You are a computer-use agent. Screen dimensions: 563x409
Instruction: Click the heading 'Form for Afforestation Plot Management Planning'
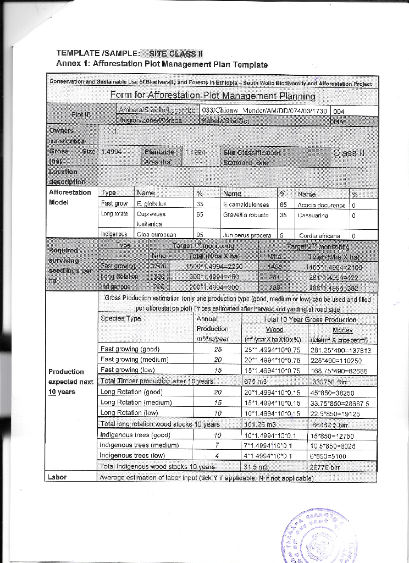[x=213, y=96]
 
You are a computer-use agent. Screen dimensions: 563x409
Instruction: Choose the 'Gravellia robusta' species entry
[x=246, y=215]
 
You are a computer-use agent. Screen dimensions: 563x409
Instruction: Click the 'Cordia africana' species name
[x=321, y=235]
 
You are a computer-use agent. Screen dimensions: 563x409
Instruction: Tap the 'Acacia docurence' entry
[x=323, y=205]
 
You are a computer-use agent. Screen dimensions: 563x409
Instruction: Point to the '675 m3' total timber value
[x=254, y=382]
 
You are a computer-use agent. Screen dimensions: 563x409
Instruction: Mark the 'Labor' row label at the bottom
[x=58, y=477]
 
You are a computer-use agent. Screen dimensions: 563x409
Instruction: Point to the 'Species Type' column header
[x=121, y=318]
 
